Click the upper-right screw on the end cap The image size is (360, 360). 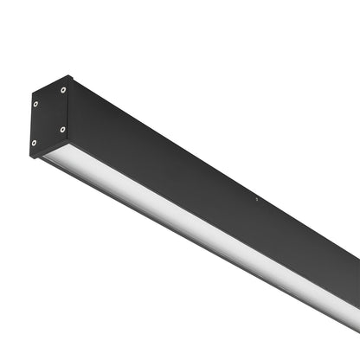pos(63,89)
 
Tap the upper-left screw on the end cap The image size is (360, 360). pos(36,105)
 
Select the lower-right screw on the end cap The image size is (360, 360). pos(62,129)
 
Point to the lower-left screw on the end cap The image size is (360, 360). pos(35,143)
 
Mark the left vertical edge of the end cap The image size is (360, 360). pos(31,125)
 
